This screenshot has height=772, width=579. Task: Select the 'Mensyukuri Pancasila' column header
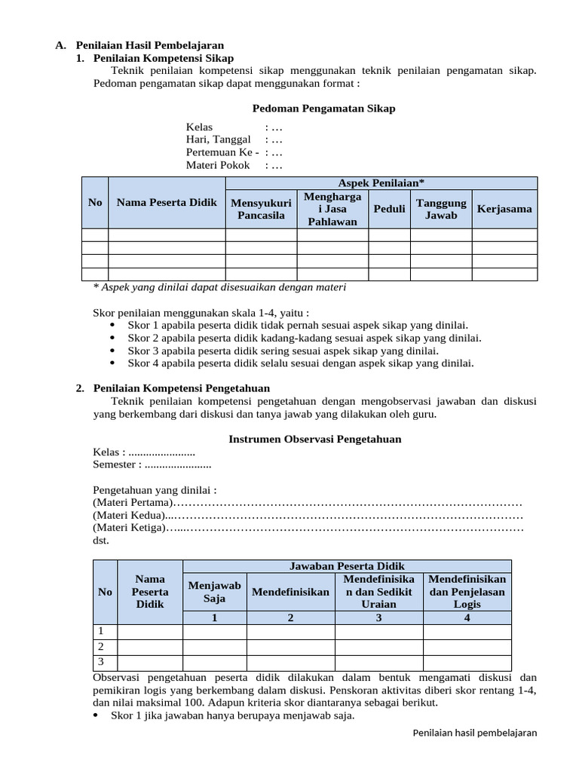[261, 209]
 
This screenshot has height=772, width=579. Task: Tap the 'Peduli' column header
[389, 209]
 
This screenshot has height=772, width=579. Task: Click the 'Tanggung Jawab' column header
[441, 209]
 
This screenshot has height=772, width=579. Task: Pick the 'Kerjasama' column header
[504, 209]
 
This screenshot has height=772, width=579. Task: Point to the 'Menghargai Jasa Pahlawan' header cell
[332, 209]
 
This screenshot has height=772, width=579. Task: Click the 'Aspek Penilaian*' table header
[381, 182]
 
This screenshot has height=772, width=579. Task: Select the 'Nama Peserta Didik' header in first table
[167, 202]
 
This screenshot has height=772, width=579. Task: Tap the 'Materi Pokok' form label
[217, 165]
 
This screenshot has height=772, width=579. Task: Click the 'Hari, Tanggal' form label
[219, 139]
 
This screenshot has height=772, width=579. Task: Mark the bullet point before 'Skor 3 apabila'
[112, 351]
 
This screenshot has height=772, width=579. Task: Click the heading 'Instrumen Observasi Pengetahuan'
[314, 439]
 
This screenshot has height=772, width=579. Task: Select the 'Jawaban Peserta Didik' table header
[347, 565]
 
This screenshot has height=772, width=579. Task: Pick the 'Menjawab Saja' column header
[214, 592]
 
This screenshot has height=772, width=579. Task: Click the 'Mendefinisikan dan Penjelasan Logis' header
[467, 591]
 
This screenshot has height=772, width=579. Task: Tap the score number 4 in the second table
[467, 618]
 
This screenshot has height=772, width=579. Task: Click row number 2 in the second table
[102, 647]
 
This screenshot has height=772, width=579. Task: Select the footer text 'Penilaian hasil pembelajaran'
[476, 734]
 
